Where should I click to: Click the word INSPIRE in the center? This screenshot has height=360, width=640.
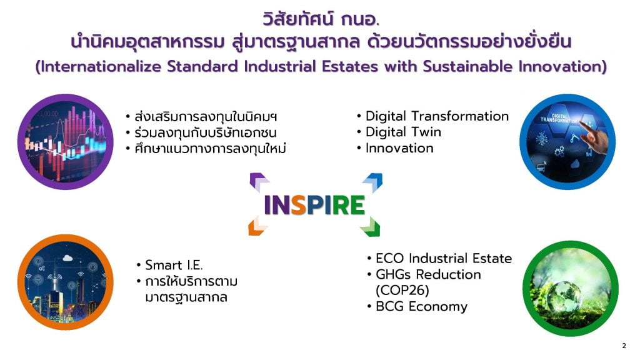pyautogui.click(x=314, y=205)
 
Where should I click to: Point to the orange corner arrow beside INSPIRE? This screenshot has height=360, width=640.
pyautogui.click(x=257, y=227)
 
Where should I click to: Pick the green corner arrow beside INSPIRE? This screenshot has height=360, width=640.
pyautogui.click(x=371, y=227)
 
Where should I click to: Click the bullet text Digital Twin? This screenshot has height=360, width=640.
pyautogui.click(x=403, y=132)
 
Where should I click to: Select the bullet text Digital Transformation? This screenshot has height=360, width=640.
pyautogui.click(x=437, y=116)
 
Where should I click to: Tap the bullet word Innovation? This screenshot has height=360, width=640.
pyautogui.click(x=399, y=148)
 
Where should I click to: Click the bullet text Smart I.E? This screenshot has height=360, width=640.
pyautogui.click(x=174, y=265)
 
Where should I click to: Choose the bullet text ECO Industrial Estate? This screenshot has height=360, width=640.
pyautogui.click(x=444, y=258)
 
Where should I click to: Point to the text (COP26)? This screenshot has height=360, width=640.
pyautogui.click(x=402, y=291)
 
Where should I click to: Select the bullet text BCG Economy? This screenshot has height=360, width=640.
pyautogui.click(x=422, y=306)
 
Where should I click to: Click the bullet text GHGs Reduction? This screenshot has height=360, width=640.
pyautogui.click(x=428, y=274)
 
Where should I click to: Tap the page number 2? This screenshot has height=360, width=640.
pyautogui.click(x=624, y=346)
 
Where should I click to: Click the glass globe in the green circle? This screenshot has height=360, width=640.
pyautogui.click(x=564, y=296)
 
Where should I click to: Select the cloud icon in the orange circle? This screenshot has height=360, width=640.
pyautogui.click(x=67, y=258)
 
